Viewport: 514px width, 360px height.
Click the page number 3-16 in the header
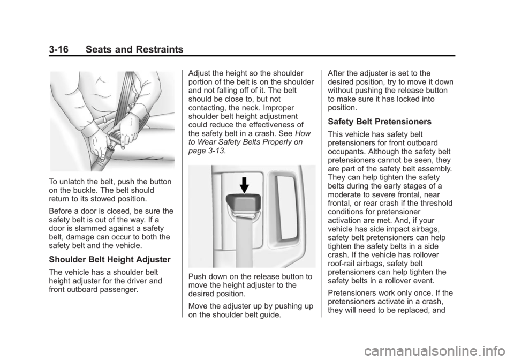59,49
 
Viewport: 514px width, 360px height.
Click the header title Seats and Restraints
134,49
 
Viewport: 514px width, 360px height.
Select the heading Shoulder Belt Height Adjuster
110,260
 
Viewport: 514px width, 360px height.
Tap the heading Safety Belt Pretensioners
380,122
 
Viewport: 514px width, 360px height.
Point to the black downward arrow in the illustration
244,185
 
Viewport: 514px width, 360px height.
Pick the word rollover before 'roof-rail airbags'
426,255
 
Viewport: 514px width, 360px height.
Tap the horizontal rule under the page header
252,56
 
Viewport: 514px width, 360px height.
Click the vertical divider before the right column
322,193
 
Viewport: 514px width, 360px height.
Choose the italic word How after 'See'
303,133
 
